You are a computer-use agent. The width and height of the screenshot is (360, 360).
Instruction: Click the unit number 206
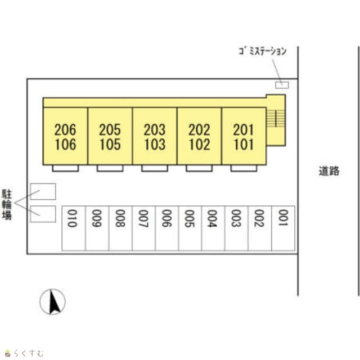coord(65,130)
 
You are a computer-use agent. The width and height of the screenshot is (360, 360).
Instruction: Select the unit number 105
coord(110,145)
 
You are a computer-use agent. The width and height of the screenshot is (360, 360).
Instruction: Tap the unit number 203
coord(155,130)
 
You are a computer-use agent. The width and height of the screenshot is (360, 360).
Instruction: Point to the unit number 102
coord(199,145)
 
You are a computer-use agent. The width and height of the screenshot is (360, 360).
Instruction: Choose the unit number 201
coord(244,130)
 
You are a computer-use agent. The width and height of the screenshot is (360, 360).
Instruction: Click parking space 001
coord(283,228)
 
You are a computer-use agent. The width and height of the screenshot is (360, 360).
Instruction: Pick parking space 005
coord(190,228)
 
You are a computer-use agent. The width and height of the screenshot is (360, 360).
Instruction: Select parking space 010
coord(73,228)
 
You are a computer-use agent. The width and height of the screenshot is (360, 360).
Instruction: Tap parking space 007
coord(143,228)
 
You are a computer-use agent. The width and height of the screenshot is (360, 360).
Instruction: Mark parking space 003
coord(236,228)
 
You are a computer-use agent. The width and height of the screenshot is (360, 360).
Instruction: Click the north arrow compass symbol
coord(52,301)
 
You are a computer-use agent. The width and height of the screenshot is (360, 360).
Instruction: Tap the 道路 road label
coord(328,172)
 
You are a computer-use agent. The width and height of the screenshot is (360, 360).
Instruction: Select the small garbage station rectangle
coord(281,85)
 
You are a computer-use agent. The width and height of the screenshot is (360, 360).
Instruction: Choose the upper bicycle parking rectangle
coord(43,191)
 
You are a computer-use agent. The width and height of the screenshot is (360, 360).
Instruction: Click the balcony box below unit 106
coord(65,168)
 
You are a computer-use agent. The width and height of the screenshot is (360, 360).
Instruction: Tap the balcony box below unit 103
coord(155,168)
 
